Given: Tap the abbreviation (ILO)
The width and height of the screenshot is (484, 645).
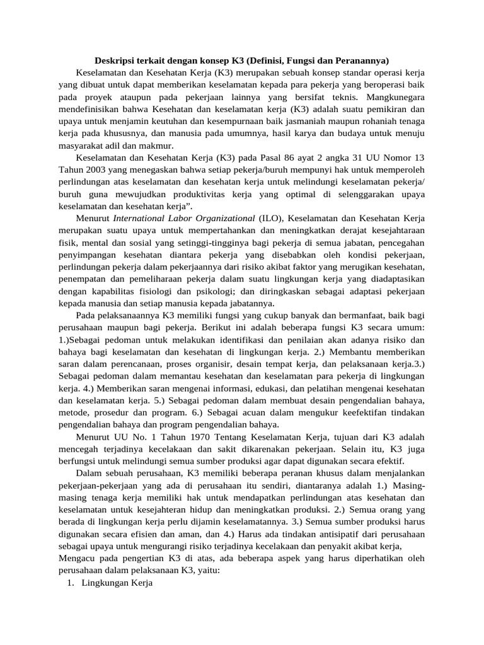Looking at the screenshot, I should pyautogui.click(x=272, y=218).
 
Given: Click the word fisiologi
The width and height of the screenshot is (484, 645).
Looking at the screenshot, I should pyautogui.click(x=166, y=290).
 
